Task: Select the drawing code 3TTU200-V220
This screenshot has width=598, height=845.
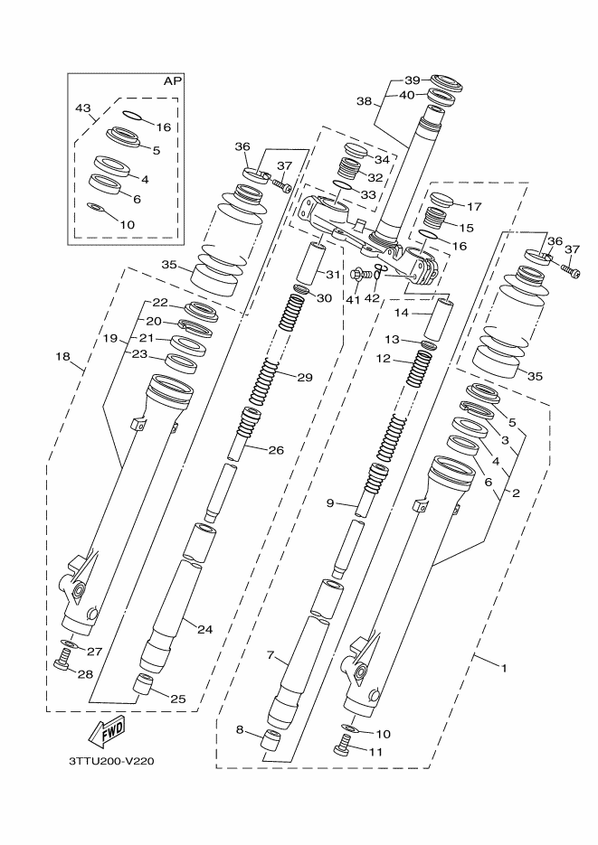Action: click(112, 761)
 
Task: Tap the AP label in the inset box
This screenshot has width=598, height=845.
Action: click(172, 81)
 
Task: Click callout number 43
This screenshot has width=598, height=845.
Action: click(83, 109)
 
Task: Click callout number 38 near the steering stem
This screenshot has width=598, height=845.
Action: click(364, 102)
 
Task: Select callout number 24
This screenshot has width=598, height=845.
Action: click(204, 629)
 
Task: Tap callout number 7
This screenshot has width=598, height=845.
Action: click(271, 654)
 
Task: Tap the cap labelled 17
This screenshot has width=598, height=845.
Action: click(442, 201)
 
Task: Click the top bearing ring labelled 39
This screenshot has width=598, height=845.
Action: click(444, 83)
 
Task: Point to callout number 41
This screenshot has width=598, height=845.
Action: click(353, 299)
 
